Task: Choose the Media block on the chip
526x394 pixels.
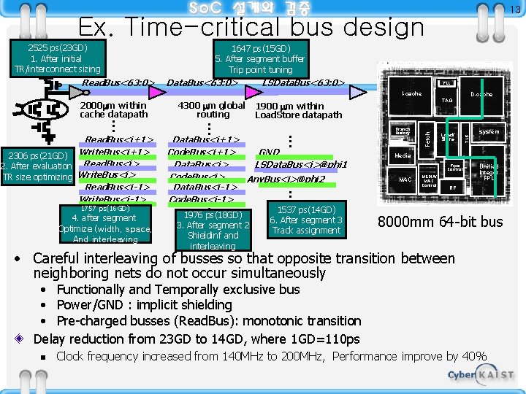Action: point(403,156)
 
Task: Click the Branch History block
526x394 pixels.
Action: point(402,132)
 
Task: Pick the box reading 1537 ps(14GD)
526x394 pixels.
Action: point(306,220)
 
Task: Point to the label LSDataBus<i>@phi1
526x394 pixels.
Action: point(300,165)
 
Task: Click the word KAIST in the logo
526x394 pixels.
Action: point(496,374)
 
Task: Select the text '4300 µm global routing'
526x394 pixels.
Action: point(213,109)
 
